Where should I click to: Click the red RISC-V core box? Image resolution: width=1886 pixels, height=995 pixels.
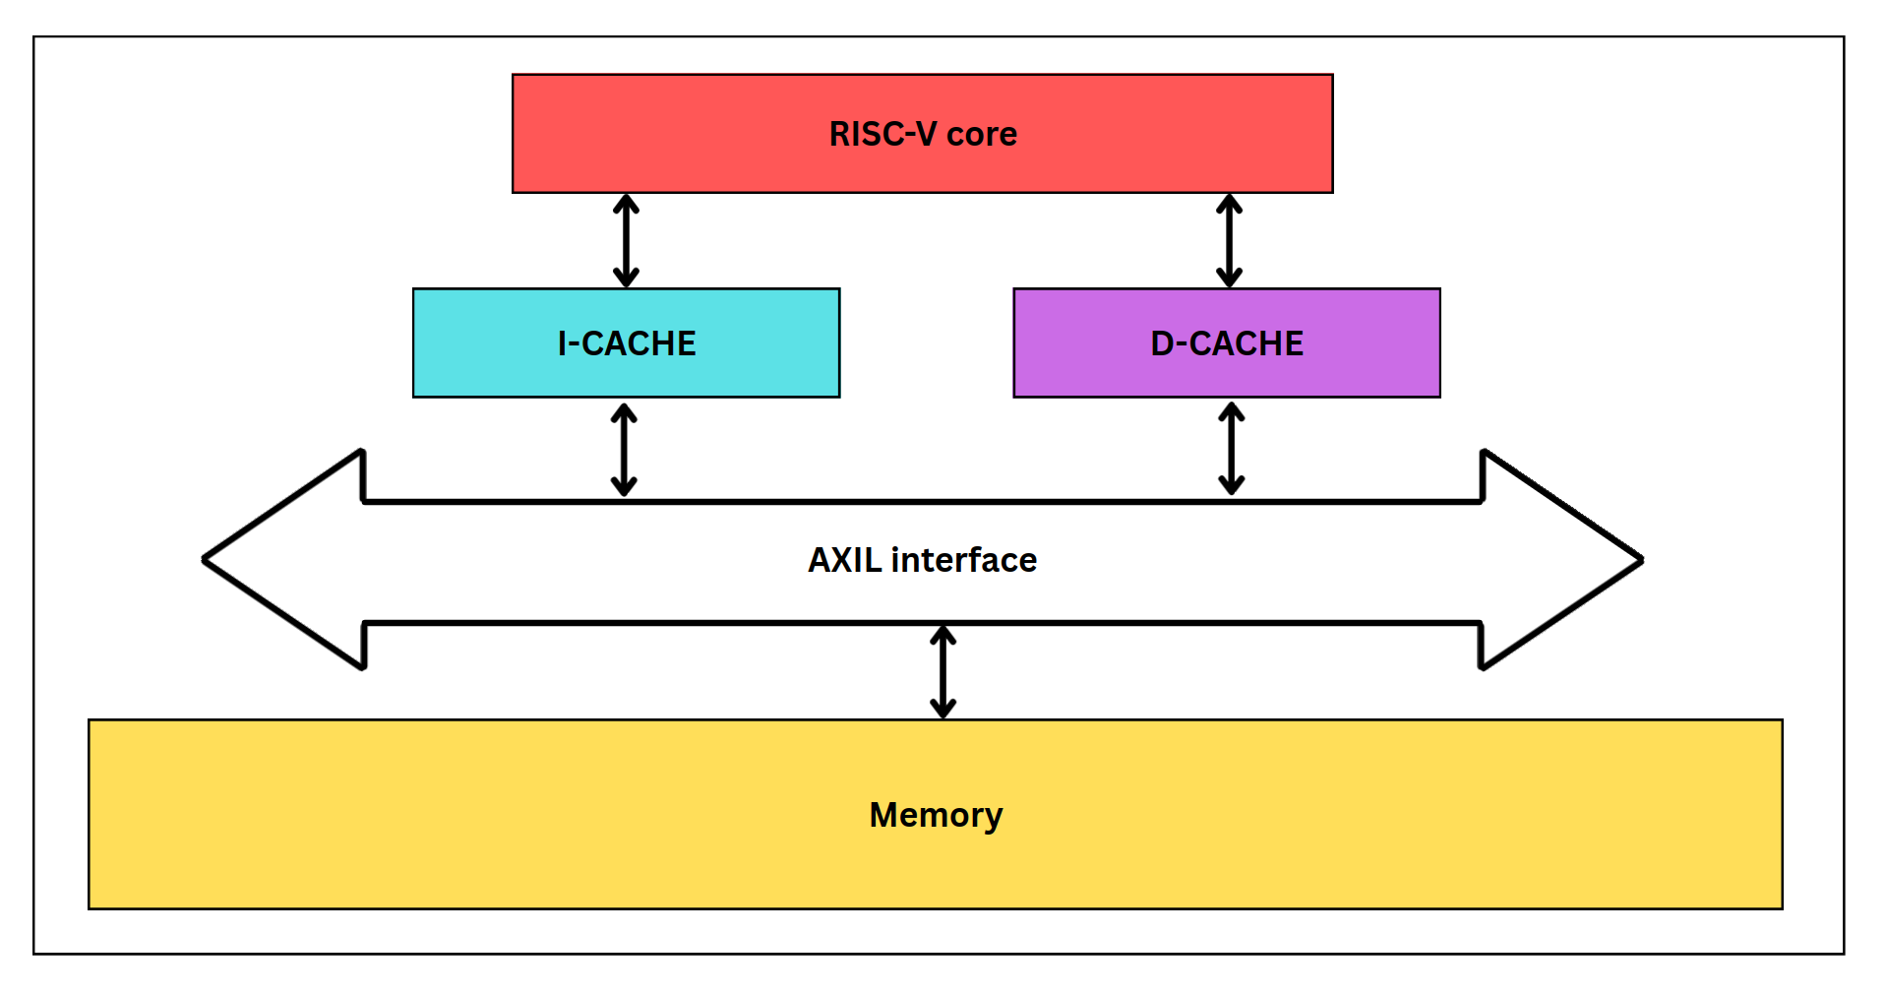[x=689, y=133]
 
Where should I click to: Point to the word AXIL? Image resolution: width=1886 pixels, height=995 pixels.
[x=845, y=560]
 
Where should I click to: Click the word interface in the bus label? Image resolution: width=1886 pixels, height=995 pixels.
[x=964, y=560]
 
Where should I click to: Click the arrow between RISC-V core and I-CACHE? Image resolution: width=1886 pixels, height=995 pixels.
[x=626, y=240]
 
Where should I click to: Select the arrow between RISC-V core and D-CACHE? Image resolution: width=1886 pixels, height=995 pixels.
[x=1229, y=240]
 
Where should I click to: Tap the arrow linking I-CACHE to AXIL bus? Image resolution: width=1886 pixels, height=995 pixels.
[x=624, y=450]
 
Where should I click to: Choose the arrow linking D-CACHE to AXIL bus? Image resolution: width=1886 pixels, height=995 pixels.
[x=1232, y=449]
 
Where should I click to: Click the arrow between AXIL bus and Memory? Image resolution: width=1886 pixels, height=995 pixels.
[x=943, y=672]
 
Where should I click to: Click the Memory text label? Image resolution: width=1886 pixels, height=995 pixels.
[x=936, y=815]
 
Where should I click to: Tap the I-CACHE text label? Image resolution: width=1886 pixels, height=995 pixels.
[x=627, y=343]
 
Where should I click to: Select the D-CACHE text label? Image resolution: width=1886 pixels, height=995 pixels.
[x=1227, y=343]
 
